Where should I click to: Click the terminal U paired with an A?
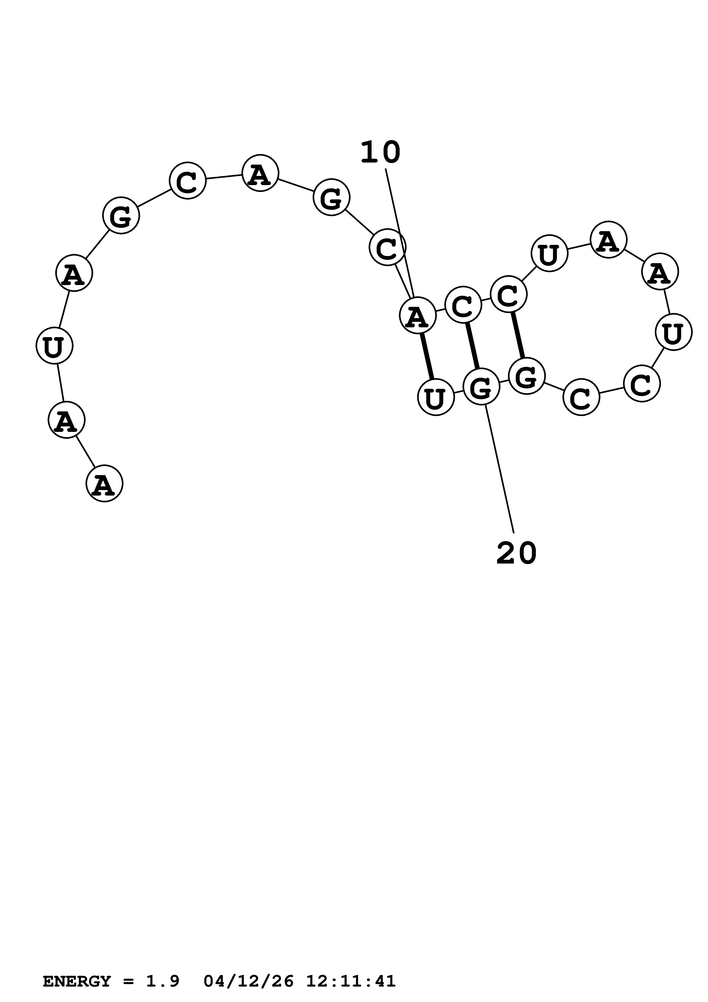click(x=436, y=397)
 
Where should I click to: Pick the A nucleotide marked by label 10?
click(x=418, y=315)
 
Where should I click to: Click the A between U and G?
click(x=74, y=273)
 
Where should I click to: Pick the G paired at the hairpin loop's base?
click(x=527, y=376)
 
